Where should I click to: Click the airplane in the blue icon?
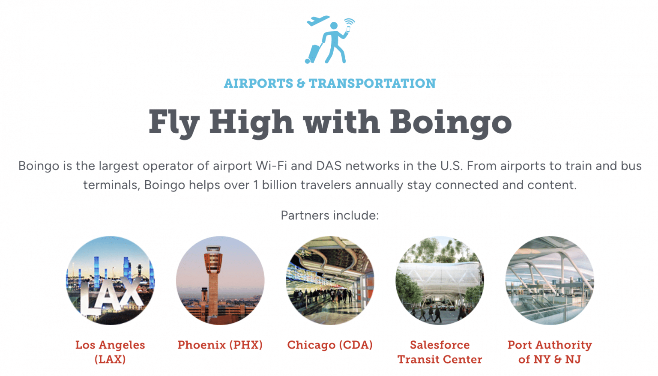318,21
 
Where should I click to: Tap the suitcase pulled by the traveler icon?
313,53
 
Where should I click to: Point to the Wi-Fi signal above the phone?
350,21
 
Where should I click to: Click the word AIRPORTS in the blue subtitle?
258,83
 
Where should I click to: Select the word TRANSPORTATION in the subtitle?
372,83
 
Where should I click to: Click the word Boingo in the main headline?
450,122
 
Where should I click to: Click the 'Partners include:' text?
329,215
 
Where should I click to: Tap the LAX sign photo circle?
110,281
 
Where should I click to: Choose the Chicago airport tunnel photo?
330,281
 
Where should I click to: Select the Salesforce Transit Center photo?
440,281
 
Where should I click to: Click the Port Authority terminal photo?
550,281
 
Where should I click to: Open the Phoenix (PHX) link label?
220,345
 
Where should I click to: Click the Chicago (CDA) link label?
329,345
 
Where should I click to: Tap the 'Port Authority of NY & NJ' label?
550,352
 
